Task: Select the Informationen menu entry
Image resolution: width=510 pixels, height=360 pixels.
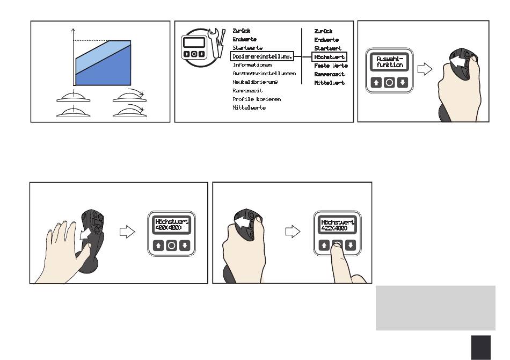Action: (x=252, y=65)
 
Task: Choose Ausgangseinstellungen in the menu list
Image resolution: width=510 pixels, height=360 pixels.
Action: (x=264, y=73)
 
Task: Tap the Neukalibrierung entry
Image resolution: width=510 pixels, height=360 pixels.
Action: (x=255, y=82)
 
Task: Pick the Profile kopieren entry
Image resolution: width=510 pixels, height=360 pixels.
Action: (x=256, y=99)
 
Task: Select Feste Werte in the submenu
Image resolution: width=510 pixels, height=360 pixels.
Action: (x=331, y=65)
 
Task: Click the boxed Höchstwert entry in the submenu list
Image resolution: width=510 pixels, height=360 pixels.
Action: (x=330, y=56)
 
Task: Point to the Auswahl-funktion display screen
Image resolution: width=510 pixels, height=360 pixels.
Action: (x=389, y=61)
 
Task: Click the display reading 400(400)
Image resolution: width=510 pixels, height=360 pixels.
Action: (x=172, y=225)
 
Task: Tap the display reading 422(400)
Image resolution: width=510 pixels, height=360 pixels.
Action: (x=337, y=225)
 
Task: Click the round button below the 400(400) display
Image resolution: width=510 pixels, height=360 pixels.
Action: (x=172, y=246)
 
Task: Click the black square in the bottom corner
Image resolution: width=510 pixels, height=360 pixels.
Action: (x=481, y=347)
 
